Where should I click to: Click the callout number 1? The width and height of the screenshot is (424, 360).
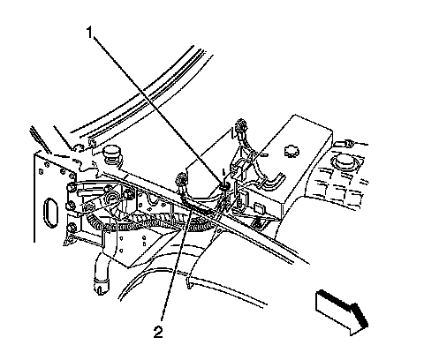pos(89,33)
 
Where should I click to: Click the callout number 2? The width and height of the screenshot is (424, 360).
pos(158,333)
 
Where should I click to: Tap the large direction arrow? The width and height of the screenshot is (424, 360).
pos(343,312)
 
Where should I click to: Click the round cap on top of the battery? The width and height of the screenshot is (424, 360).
pos(291,151)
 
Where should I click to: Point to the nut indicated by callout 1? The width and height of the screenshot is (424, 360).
pos(225,185)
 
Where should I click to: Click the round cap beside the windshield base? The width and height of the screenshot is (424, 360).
pos(112,154)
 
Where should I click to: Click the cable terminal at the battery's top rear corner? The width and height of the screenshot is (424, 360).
pos(241,125)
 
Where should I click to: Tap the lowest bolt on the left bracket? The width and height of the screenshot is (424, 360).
pos(72,228)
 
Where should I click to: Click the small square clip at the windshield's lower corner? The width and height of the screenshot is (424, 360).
pos(92,144)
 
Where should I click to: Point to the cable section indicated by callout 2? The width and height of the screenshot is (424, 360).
pos(201,208)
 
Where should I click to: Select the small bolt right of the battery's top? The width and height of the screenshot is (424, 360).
pos(349,143)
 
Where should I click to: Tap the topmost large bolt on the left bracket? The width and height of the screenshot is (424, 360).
pos(71,187)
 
